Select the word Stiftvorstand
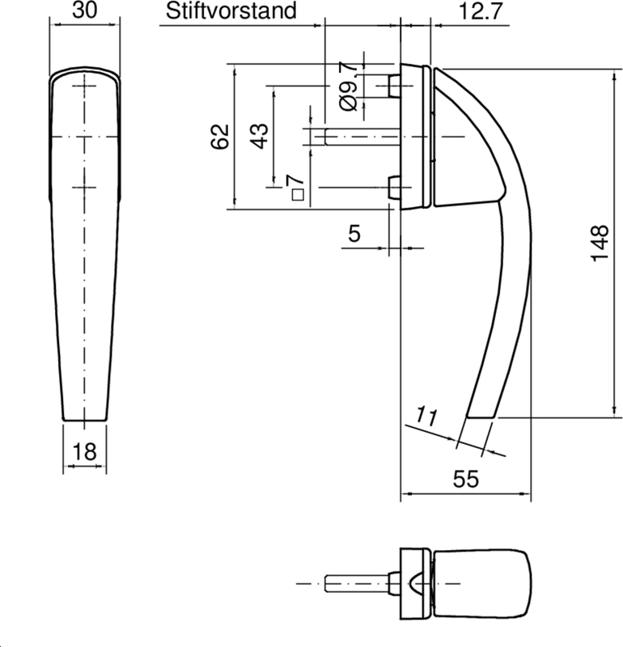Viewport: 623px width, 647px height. pyautogui.click(x=231, y=11)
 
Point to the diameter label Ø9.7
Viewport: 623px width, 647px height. pyautogui.click(x=348, y=86)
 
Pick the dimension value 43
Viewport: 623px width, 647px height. pyautogui.click(x=258, y=135)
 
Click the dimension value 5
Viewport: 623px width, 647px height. pyautogui.click(x=354, y=235)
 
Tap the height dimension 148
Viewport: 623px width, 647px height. pyautogui.click(x=600, y=243)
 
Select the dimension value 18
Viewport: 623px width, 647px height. pyautogui.click(x=84, y=452)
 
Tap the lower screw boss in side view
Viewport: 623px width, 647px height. pyautogui.click(x=394, y=188)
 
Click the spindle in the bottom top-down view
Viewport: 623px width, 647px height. pyautogui.click(x=356, y=583)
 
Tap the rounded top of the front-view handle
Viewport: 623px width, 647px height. pyautogui.click(x=84, y=77)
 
